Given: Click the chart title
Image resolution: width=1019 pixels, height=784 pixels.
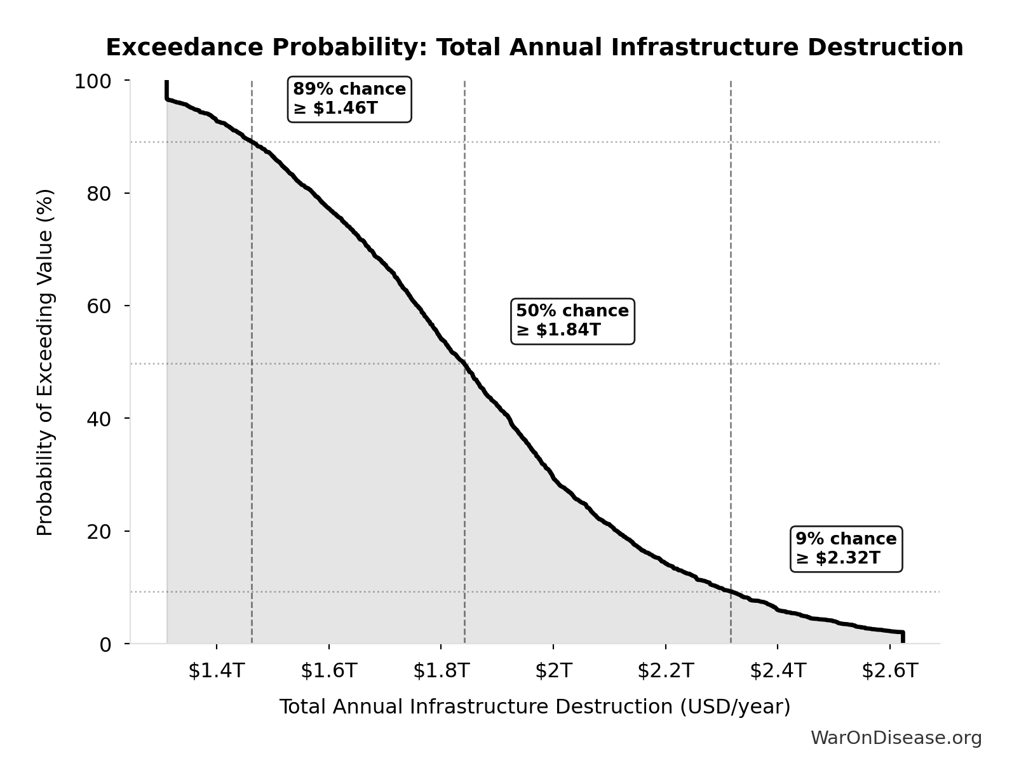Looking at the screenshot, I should (x=534, y=48).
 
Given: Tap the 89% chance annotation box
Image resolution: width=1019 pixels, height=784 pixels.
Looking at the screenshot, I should (x=349, y=99).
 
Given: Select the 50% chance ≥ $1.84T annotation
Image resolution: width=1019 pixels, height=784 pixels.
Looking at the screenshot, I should (x=572, y=321).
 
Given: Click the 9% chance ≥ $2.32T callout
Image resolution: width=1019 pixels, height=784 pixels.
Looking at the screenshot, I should (x=846, y=549).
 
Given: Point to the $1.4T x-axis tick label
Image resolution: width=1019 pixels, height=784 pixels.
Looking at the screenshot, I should (x=217, y=671).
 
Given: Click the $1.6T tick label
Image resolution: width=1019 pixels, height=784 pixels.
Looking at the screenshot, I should (x=329, y=671).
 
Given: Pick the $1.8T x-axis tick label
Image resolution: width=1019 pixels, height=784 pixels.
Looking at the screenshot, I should (x=441, y=671).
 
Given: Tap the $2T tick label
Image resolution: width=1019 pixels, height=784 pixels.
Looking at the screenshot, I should (x=553, y=671).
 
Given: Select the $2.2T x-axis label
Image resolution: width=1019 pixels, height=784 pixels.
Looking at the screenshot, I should (x=665, y=671).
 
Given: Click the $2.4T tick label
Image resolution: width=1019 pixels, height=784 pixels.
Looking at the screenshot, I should (x=778, y=671).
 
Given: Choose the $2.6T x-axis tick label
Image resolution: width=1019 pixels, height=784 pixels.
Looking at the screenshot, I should (x=889, y=671).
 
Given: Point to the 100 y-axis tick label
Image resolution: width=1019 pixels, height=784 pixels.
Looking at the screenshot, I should (x=93, y=81).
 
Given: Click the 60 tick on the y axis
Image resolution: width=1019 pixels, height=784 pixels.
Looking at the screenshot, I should (x=99, y=306).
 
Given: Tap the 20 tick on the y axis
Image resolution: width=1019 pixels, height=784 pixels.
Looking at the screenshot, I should (x=99, y=531).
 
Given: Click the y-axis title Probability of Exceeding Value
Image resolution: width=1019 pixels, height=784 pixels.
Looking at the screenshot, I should (x=44, y=362).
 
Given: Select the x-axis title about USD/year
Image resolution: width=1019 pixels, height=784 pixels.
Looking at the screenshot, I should (x=534, y=707).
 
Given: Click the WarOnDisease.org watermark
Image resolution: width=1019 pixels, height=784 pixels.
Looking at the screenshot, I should (x=896, y=738).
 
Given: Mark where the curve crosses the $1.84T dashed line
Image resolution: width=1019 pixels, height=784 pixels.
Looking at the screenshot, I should (x=464, y=364).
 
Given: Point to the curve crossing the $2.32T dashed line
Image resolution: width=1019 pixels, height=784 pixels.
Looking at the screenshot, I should (x=731, y=591).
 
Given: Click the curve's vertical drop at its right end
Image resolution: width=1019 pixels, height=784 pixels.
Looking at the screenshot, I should (x=903, y=637).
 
